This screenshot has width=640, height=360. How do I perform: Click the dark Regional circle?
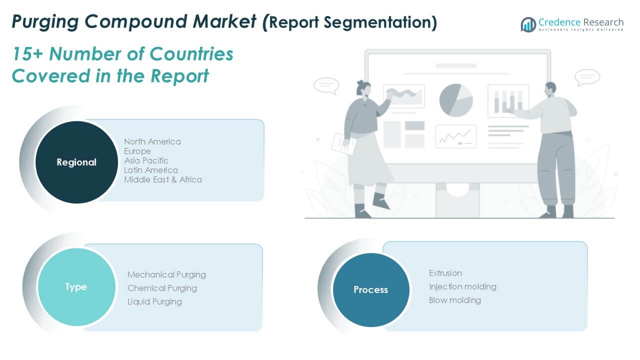76,162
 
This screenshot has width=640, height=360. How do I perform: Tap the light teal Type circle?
76,286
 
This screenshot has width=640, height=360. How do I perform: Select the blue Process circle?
370,289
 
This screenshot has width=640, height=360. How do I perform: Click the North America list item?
152,141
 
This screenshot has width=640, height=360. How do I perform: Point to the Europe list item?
137,151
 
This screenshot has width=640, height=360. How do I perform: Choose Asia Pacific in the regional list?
146,160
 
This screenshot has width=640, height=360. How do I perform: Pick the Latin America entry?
151,170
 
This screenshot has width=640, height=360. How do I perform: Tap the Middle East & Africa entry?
163,179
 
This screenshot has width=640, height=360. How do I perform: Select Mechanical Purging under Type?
166,274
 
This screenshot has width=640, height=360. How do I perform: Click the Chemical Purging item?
162,288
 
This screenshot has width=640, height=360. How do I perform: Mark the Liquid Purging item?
154,301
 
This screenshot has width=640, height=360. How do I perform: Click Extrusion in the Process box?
445,273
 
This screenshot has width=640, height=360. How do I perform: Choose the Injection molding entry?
462,286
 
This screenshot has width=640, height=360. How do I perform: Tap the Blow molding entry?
455,300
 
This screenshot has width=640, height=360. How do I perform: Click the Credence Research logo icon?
528,24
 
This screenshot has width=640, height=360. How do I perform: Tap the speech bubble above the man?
587,77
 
